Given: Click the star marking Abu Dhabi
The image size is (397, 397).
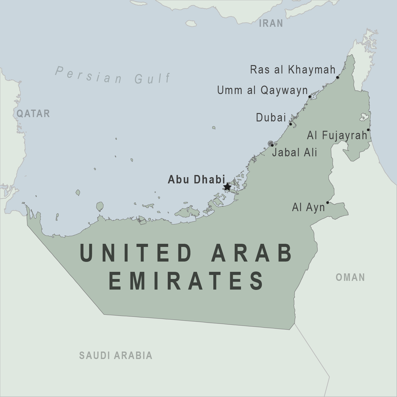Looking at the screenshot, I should point(227,187).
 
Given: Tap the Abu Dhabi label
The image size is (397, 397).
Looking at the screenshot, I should point(196,180).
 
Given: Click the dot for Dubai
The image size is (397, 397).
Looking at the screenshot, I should point(291,124).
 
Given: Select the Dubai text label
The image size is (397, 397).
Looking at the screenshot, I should point(271,117).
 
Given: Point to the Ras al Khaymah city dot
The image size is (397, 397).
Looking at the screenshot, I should point(338,77).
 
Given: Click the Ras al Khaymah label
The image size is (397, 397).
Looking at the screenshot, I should point(293,70).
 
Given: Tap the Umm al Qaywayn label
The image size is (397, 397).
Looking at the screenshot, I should point(262,90).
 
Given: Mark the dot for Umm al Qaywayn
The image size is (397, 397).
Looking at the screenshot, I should point(310,97).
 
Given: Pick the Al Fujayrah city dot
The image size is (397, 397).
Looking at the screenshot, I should point(368,130).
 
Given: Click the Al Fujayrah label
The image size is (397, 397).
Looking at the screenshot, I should point(337,135).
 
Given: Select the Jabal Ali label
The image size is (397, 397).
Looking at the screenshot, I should point(295,152).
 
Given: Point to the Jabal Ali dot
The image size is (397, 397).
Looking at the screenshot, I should point(272,145).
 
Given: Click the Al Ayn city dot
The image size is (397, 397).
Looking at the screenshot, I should point(328,203).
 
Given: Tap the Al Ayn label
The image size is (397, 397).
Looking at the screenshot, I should point(308,207).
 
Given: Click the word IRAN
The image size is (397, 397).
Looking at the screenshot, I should point(271,23).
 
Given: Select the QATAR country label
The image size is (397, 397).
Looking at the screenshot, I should point(33,114).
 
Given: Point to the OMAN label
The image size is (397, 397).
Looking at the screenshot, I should point(350,277).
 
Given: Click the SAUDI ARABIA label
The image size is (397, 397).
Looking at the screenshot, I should point(116,355).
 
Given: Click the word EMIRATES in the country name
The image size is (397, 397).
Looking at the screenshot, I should point(186,281).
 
